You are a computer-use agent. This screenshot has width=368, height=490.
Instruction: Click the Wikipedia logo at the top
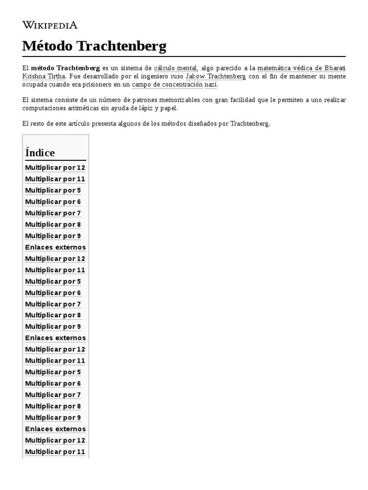[50, 25]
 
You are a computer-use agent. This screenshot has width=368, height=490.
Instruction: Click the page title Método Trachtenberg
[94, 46]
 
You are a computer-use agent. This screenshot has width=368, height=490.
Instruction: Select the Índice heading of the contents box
[40, 153]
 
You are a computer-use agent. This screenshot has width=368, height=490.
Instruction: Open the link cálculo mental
[175, 68]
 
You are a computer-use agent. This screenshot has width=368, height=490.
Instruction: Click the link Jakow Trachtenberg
[216, 76]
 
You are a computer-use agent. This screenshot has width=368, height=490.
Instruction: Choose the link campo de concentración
[167, 84]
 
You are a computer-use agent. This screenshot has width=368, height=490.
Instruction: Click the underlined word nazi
[211, 84]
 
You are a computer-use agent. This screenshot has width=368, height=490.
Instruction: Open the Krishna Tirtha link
[43, 76]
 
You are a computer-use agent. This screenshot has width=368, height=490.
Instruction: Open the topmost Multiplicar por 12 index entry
[55, 167]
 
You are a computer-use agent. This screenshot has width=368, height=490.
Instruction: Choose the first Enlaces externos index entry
[55, 247]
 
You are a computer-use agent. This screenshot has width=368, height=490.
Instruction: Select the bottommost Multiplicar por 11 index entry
[55, 452]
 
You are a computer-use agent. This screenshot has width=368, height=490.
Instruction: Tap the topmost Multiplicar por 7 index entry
[53, 213]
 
